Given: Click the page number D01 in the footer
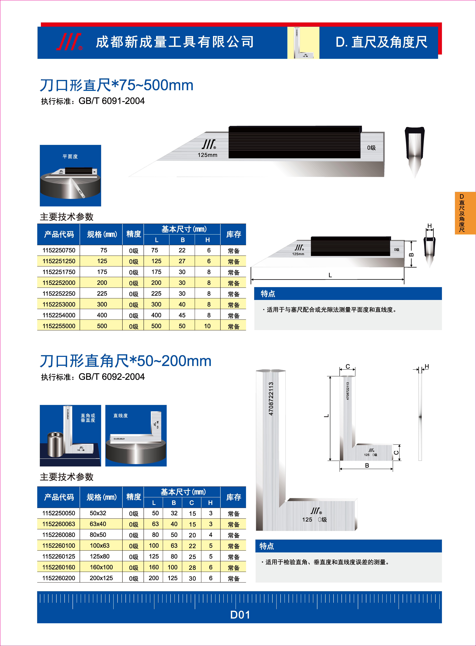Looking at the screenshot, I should pyautogui.click(x=240, y=615).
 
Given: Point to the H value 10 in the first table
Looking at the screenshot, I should pyautogui.click(x=207, y=326).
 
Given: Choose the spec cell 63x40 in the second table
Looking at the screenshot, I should pyautogui.click(x=98, y=524).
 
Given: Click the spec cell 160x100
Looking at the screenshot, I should pyautogui.click(x=101, y=567).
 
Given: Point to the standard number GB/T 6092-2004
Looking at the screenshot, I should pyautogui.click(x=111, y=377).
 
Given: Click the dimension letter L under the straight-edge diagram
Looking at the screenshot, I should pyautogui.click(x=330, y=275).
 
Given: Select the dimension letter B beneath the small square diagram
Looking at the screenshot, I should pyautogui.click(x=367, y=465).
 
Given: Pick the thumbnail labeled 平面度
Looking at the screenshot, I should pyautogui.click(x=70, y=176).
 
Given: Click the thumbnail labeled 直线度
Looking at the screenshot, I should pyautogui.click(x=136, y=435).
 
